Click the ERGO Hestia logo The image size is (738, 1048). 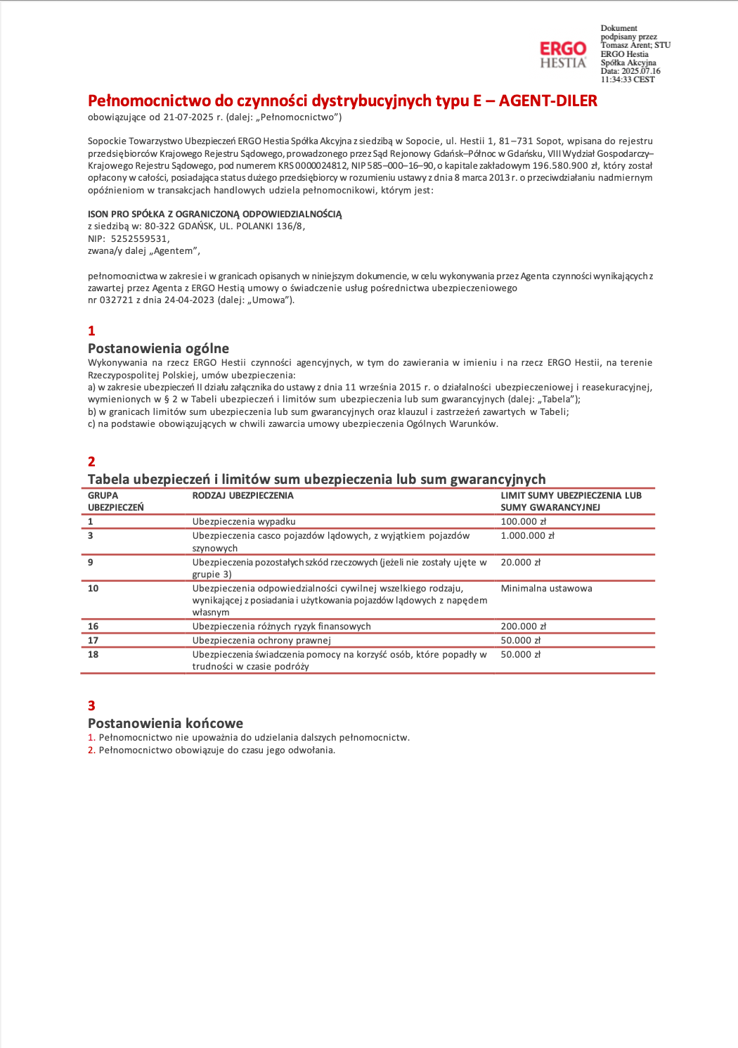point(562,55)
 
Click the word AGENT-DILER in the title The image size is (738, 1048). point(548,101)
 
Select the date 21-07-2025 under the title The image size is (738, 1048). point(188,117)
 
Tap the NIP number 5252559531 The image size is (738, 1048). point(140,239)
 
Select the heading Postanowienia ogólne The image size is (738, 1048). point(158,348)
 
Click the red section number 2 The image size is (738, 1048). point(91,462)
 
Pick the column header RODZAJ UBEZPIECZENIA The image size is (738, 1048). point(242,496)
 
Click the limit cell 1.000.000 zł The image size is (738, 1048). point(527,536)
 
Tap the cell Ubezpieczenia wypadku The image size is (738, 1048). point(244,522)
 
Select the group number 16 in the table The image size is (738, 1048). point(93,627)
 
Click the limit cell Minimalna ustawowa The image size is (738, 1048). point(546,589)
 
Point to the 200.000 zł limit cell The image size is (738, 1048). point(523,627)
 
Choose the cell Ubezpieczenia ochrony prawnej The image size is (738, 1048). point(261,641)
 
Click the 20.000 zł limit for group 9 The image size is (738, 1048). point(520,563)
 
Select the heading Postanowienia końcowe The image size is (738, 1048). point(165,723)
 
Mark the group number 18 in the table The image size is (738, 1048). point(93,655)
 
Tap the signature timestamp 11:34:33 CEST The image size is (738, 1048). point(627,79)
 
